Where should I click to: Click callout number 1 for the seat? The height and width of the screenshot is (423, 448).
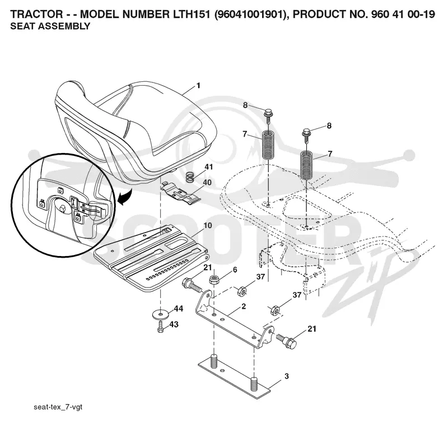(x=198, y=86)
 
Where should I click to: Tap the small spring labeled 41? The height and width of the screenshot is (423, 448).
(x=189, y=177)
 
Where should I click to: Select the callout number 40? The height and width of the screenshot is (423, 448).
(x=207, y=182)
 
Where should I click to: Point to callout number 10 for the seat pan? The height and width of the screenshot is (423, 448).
(x=207, y=225)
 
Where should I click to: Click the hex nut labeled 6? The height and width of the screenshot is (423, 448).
(x=214, y=279)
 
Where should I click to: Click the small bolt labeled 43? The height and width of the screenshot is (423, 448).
(x=161, y=327)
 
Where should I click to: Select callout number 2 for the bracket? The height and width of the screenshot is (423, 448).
(x=243, y=306)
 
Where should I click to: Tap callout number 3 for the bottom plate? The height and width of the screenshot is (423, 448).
(x=287, y=376)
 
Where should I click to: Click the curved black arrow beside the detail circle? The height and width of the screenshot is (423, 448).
(x=125, y=197)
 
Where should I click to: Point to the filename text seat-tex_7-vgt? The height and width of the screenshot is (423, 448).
(x=58, y=406)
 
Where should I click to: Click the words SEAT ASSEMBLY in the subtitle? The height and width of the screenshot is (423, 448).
(x=50, y=26)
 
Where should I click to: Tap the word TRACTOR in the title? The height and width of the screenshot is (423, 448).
(x=36, y=13)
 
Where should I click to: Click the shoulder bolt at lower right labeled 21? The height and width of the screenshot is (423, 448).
(x=287, y=340)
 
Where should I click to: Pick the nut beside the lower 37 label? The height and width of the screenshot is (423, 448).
(x=275, y=310)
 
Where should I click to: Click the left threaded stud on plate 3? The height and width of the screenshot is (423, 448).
(x=214, y=361)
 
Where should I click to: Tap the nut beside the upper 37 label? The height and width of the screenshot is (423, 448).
(x=242, y=291)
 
